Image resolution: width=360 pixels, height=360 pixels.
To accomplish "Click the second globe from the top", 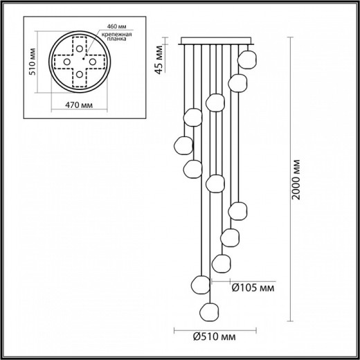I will (236, 82).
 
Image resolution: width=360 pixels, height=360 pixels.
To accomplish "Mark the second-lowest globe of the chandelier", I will (201, 284).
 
